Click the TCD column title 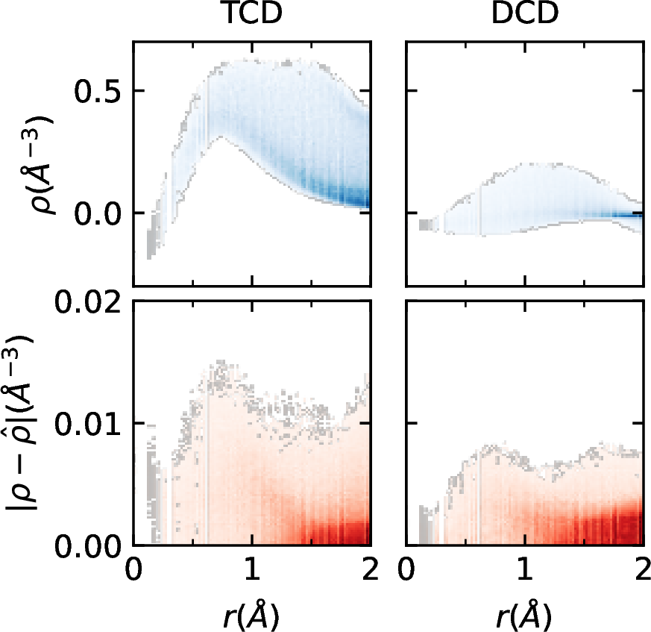[x=251, y=16]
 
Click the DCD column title [x=524, y=16]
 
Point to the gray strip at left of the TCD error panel [x=153, y=485]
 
